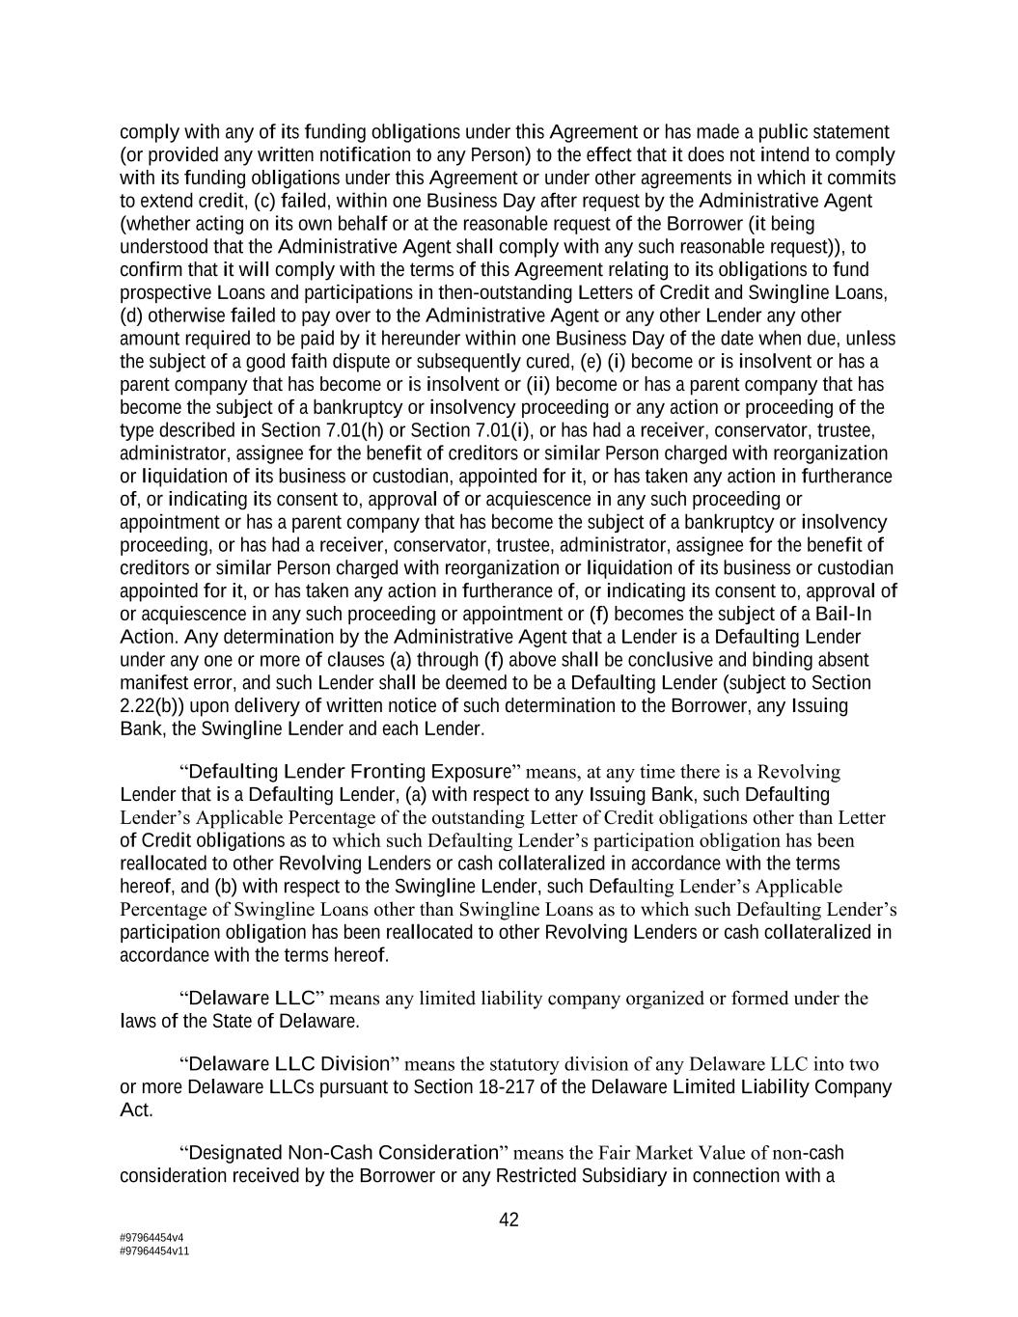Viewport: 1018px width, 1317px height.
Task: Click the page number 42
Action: [x=509, y=1220]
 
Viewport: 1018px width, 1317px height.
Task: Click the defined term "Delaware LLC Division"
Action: [x=289, y=1064]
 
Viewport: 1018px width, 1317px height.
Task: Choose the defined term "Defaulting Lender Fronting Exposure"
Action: [x=349, y=772]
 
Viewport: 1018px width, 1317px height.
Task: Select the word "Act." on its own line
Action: [x=136, y=1111]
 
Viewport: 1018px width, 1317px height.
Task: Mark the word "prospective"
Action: [x=161, y=292]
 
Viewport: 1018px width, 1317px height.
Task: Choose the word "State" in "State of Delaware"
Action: [x=235, y=1021]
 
